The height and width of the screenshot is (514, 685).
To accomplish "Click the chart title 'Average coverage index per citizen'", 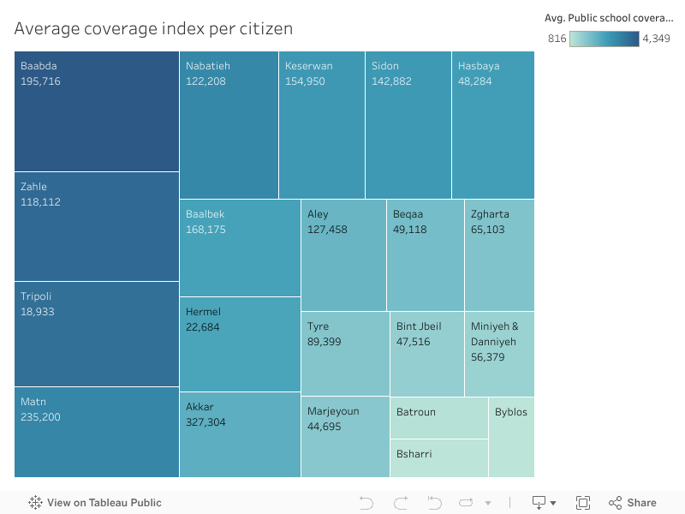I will pos(153,28).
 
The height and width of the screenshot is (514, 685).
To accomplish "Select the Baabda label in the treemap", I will pos(39,66).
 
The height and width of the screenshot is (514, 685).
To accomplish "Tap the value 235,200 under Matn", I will pos(40,417).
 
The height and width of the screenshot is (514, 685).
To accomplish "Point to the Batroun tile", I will pos(438,417).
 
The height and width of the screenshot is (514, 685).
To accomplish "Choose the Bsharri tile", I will pos(438,458).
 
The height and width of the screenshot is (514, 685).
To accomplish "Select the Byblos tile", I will pos(511,437).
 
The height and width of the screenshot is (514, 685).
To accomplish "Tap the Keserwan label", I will pos(308,66).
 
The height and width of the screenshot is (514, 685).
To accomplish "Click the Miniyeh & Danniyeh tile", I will pos(499,354).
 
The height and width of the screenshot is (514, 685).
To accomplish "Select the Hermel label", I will pos(203,312).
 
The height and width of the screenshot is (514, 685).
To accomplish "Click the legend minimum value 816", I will pos(557,39).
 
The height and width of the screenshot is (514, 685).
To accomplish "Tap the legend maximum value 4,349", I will pos(656,39).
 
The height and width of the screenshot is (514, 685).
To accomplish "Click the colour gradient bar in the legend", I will pos(604,39).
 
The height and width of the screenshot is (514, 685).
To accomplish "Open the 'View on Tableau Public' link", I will pos(104,503).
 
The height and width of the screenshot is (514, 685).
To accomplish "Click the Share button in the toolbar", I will pos(633,503).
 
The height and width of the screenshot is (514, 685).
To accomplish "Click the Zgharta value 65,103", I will pos(488,230).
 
